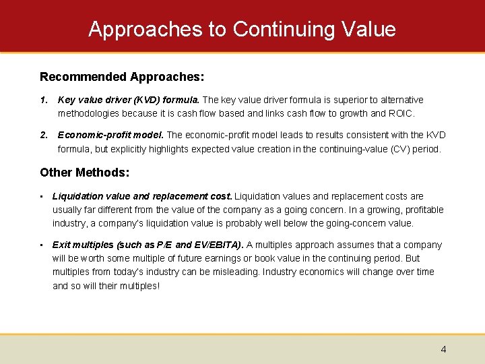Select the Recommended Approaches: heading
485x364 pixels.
(122, 77)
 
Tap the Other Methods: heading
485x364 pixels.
(84, 173)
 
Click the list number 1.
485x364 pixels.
(43, 100)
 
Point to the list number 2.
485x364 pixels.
(43, 135)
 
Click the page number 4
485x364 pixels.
(443, 349)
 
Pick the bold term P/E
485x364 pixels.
(166, 245)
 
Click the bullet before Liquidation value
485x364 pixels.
(42, 196)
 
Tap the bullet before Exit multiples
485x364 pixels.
(42, 245)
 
